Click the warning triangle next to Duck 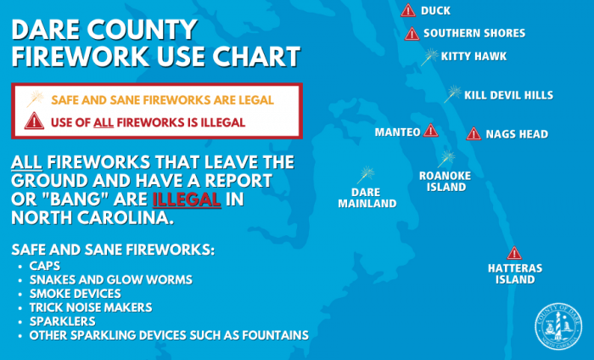tap(408, 10)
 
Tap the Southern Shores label tap(474, 33)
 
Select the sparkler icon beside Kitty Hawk tap(429, 57)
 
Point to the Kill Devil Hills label tap(509, 95)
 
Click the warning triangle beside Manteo tap(431, 131)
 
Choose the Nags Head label tap(517, 134)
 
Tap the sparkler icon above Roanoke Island tap(446, 159)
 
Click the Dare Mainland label tap(367, 198)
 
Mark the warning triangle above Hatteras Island tap(514, 253)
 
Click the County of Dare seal tap(558, 326)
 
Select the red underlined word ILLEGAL tap(187, 200)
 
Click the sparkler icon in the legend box tap(36, 98)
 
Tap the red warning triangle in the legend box tap(34, 121)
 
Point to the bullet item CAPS tap(45, 266)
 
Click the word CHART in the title tap(256, 57)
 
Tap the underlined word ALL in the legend tap(104, 123)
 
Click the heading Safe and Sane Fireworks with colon tap(113, 250)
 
